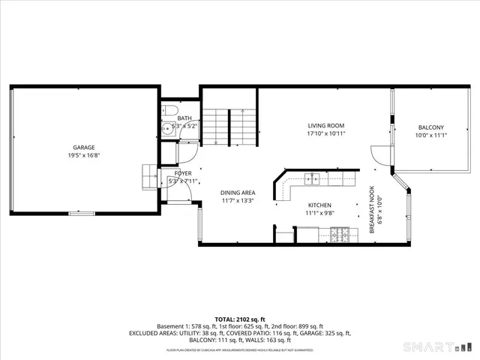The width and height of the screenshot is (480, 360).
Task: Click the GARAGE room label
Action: [83, 147]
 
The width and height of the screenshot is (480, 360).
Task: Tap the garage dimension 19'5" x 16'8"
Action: [83, 155]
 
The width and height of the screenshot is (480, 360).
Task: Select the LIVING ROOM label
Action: [325, 125]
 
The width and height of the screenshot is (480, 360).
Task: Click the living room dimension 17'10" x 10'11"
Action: [325, 133]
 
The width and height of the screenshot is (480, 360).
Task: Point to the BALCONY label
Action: [430, 127]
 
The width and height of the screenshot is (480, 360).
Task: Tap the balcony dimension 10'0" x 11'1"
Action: [430, 136]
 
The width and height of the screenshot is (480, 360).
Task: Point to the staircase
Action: [229, 126]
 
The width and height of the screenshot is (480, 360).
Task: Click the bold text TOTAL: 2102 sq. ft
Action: [240, 319]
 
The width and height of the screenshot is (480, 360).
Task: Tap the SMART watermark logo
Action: [439, 346]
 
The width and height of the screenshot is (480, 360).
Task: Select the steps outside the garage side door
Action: [148, 175]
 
